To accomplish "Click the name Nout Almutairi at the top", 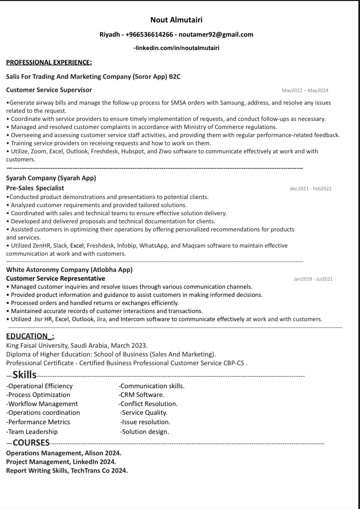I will click(x=176, y=20).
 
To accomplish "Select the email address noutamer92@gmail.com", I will click(x=216, y=35).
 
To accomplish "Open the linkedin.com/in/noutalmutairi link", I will click(x=177, y=48).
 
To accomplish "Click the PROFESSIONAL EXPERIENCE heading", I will click(x=49, y=62).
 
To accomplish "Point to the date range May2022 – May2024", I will click(x=305, y=90).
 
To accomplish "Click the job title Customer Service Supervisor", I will click(x=49, y=90).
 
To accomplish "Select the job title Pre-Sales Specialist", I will click(x=35, y=188).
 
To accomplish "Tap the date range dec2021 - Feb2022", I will click(x=310, y=189).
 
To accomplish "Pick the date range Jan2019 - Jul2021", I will click(x=313, y=279).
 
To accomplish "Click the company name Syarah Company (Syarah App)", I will click(x=51, y=178).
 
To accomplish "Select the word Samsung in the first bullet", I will click(x=233, y=103).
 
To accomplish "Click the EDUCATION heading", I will click(x=30, y=336).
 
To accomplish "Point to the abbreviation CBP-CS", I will click(x=234, y=363).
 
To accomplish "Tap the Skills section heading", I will click(x=24, y=375).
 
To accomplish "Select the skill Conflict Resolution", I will click(x=149, y=404).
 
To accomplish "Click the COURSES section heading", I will click(x=31, y=443).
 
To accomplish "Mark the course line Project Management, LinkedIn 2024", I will click(x=61, y=462).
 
